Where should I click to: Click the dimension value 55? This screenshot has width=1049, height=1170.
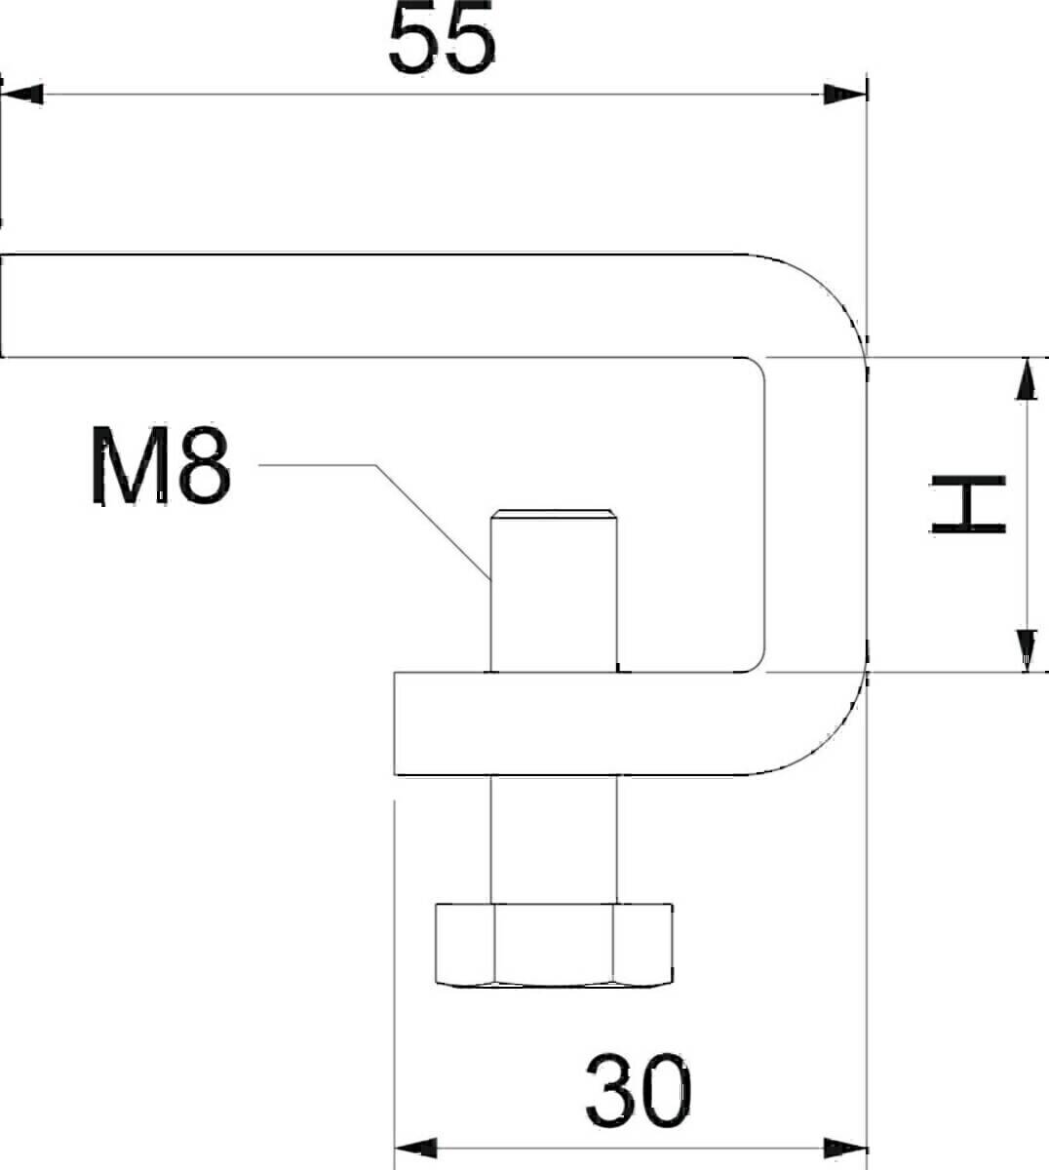click(442, 42)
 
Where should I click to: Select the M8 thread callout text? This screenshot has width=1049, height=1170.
click(161, 467)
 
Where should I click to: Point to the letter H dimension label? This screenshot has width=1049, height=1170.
click(966, 505)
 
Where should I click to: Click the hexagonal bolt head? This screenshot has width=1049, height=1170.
click(553, 945)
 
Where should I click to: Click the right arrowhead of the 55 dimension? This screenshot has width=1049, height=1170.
click(844, 95)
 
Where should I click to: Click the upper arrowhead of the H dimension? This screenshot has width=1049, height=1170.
click(1026, 379)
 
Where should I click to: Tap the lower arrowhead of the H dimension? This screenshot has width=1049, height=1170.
click(1026, 649)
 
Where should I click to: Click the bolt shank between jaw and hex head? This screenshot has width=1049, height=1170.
click(554, 838)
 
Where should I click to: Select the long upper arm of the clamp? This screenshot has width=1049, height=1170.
click(370, 306)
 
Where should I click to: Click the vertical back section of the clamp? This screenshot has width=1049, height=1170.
click(814, 515)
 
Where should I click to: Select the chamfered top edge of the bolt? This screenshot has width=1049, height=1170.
click(554, 513)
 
